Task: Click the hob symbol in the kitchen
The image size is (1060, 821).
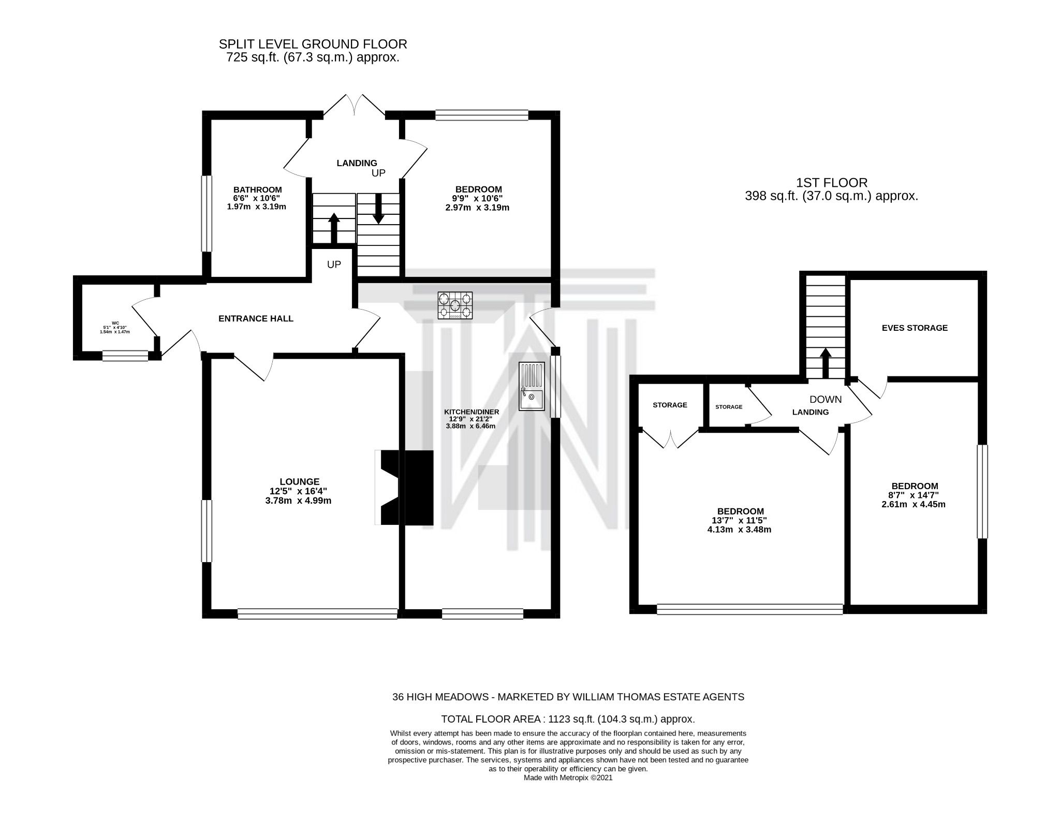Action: (455, 305)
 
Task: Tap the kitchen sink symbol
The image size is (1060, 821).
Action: (532, 387)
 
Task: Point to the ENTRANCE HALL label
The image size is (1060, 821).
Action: (256, 319)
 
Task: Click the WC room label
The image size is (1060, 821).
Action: (115, 323)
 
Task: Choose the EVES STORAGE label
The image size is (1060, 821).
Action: (914, 328)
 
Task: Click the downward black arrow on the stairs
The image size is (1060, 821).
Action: (378, 209)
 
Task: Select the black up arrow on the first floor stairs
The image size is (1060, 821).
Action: (825, 363)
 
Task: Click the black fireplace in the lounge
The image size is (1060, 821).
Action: (407, 488)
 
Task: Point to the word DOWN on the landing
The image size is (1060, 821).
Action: (825, 400)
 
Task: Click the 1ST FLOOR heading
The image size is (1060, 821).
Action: (831, 182)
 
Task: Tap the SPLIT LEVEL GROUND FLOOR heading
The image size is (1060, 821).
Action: (313, 44)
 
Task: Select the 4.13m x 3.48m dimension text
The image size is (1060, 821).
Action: (739, 530)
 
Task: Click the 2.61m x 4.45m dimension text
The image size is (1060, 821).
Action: (914, 504)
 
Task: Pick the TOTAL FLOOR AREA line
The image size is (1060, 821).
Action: (567, 719)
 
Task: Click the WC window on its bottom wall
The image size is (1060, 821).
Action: (125, 356)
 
